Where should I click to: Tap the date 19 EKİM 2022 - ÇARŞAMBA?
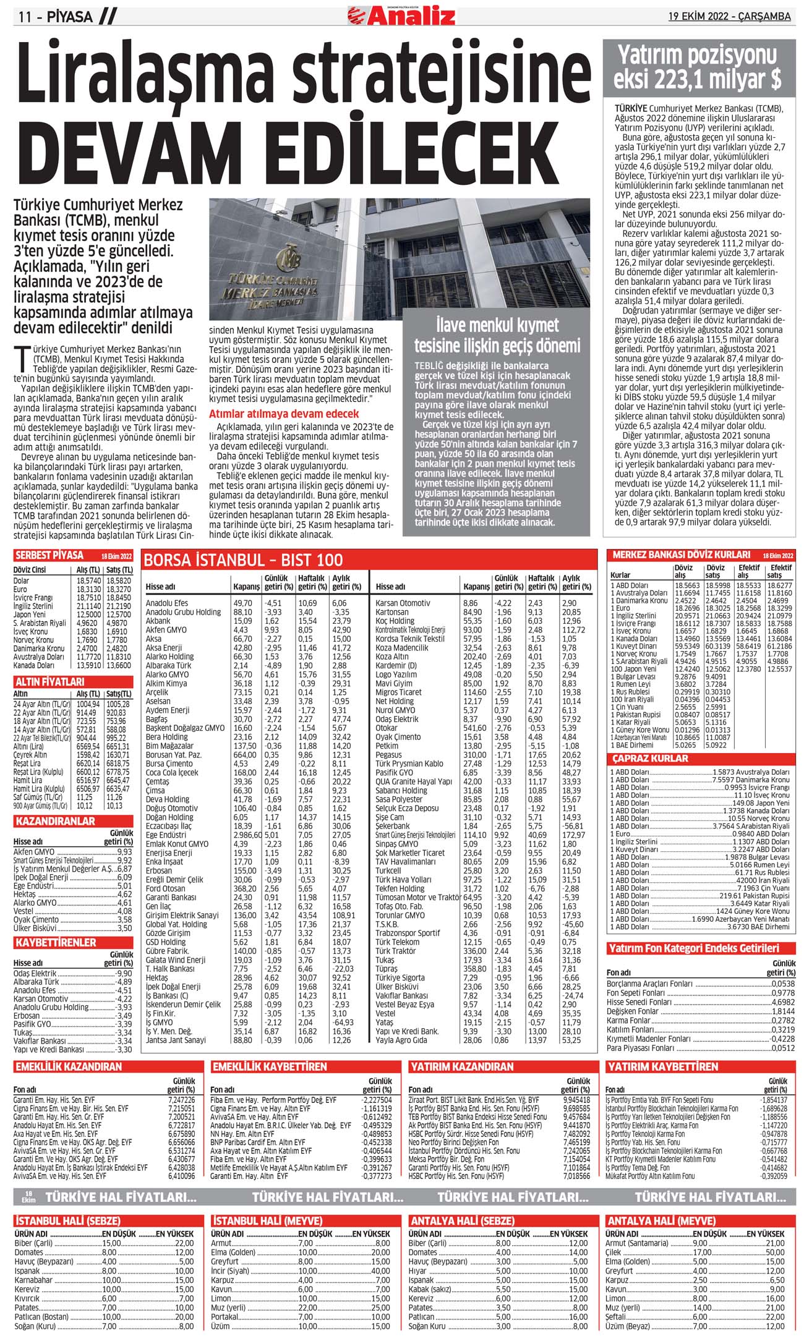pyautogui.click(x=729, y=16)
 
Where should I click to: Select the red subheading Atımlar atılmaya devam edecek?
pyautogui.click(x=284, y=414)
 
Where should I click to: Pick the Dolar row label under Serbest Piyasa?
pyautogui.click(x=22, y=581)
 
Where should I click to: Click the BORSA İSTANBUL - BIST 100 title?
pyautogui.click(x=243, y=560)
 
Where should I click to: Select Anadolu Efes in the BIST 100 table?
pyautogui.click(x=167, y=603)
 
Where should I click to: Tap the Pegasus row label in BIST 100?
pyautogui.click(x=390, y=755)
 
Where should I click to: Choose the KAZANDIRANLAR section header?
pyautogui.click(x=54, y=821)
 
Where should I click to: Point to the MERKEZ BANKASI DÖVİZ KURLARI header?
pyautogui.click(x=681, y=555)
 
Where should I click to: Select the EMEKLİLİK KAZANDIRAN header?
pyautogui.click(x=69, y=1066)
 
